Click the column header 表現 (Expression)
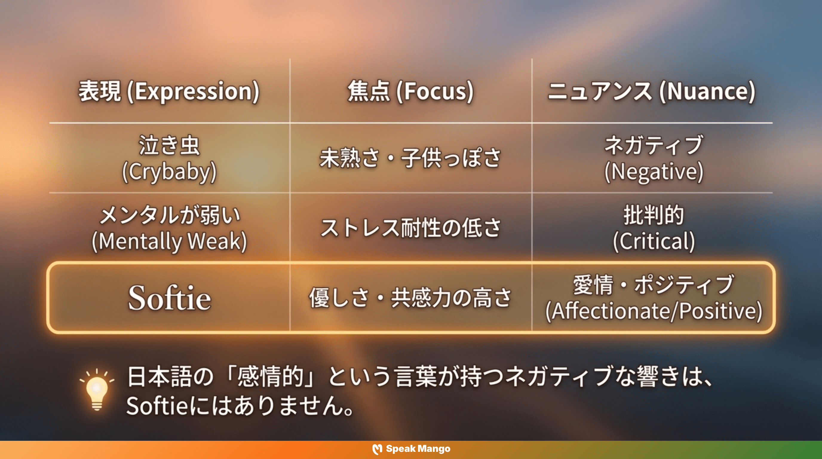[x=169, y=92]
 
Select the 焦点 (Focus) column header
[x=410, y=92]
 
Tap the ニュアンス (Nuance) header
[x=652, y=92]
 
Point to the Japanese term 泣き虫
[x=169, y=146]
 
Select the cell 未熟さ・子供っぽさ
[x=410, y=158]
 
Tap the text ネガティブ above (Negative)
[x=654, y=145]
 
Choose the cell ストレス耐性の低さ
[x=410, y=228]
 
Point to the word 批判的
[x=654, y=215]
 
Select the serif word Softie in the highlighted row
[x=169, y=298]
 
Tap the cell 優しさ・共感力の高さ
[x=410, y=298]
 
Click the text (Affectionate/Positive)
[x=654, y=311]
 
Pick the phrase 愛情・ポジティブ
[x=654, y=285]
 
